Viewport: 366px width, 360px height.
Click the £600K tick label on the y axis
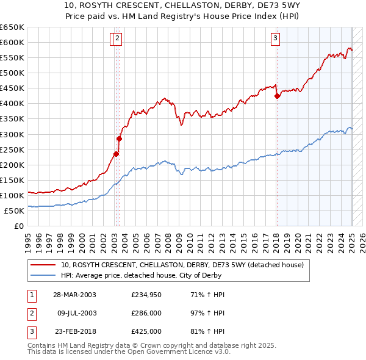point(12,42)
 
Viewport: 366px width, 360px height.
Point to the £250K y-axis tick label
point(12,149)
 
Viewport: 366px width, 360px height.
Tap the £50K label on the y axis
point(15,211)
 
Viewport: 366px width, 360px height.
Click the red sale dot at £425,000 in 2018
point(277,96)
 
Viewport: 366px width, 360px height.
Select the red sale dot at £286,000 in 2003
point(119,139)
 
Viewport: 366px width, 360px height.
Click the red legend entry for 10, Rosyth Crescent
point(177,265)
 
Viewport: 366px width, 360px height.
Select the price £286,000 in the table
point(146,313)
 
